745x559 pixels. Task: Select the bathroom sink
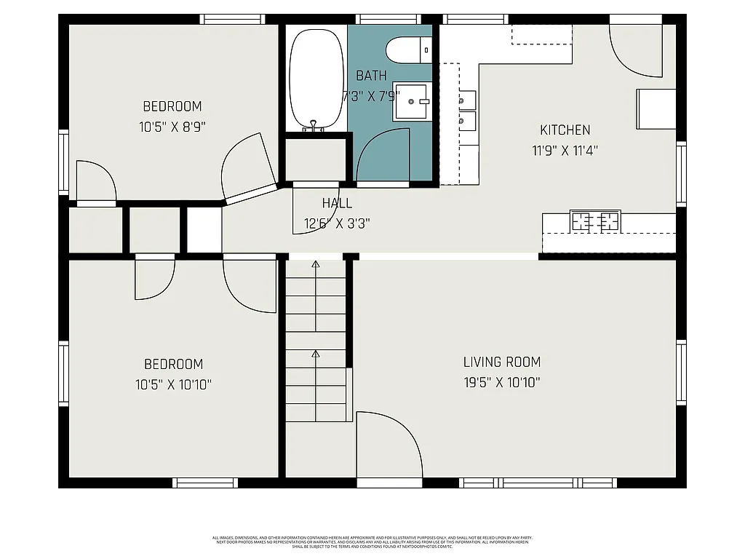tap(412, 101)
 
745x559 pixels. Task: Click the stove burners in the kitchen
tap(595, 221)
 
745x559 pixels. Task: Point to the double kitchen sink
tap(468, 108)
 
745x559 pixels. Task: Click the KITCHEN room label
tap(565, 130)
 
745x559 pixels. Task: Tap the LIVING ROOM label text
tap(502, 362)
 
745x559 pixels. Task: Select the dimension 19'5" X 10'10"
tap(502, 382)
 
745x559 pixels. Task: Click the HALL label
tap(337, 204)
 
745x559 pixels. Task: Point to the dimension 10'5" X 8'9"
tap(172, 126)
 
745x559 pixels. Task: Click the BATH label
tap(371, 75)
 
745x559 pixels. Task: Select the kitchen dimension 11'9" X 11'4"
tap(565, 151)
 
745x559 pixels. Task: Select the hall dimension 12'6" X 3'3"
tap(337, 223)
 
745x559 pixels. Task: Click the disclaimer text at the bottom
tap(372, 542)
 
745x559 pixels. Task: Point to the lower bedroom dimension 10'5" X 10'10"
tap(173, 384)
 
